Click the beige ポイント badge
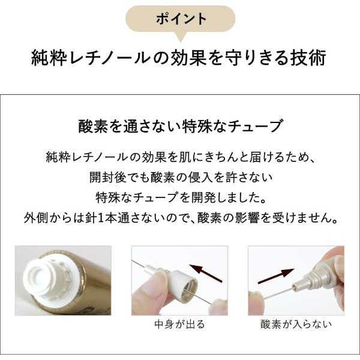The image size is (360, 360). pyautogui.click(x=180, y=19)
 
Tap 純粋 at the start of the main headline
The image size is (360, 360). pyautogui.click(x=49, y=58)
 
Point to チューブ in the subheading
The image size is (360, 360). pyautogui.click(x=256, y=126)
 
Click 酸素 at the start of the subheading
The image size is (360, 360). pyautogui.click(x=93, y=126)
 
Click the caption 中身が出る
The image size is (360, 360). pyautogui.click(x=179, y=325)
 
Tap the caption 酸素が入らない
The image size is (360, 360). pyautogui.click(x=296, y=325)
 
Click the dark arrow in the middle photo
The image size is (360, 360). pyautogui.click(x=206, y=273)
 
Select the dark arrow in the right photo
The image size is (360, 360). pyautogui.click(x=276, y=275)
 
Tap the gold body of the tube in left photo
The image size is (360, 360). pyautogui.click(x=94, y=283)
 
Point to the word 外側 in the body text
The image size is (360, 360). pyautogui.click(x=36, y=218)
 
